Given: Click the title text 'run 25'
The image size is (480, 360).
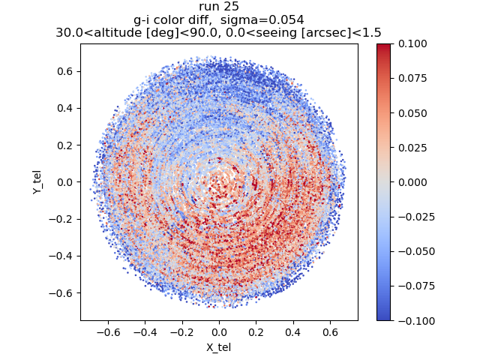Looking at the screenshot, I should [x=219, y=7].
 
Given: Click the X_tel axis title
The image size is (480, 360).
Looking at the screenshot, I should [x=219, y=347].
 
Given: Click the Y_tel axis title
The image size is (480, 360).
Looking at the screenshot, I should [x=36, y=182].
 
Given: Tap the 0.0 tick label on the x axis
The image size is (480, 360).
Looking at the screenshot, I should [x=219, y=331].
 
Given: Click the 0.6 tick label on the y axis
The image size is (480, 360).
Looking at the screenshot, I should [x=64, y=71].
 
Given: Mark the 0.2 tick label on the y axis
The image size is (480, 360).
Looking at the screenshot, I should [x=64, y=145].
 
